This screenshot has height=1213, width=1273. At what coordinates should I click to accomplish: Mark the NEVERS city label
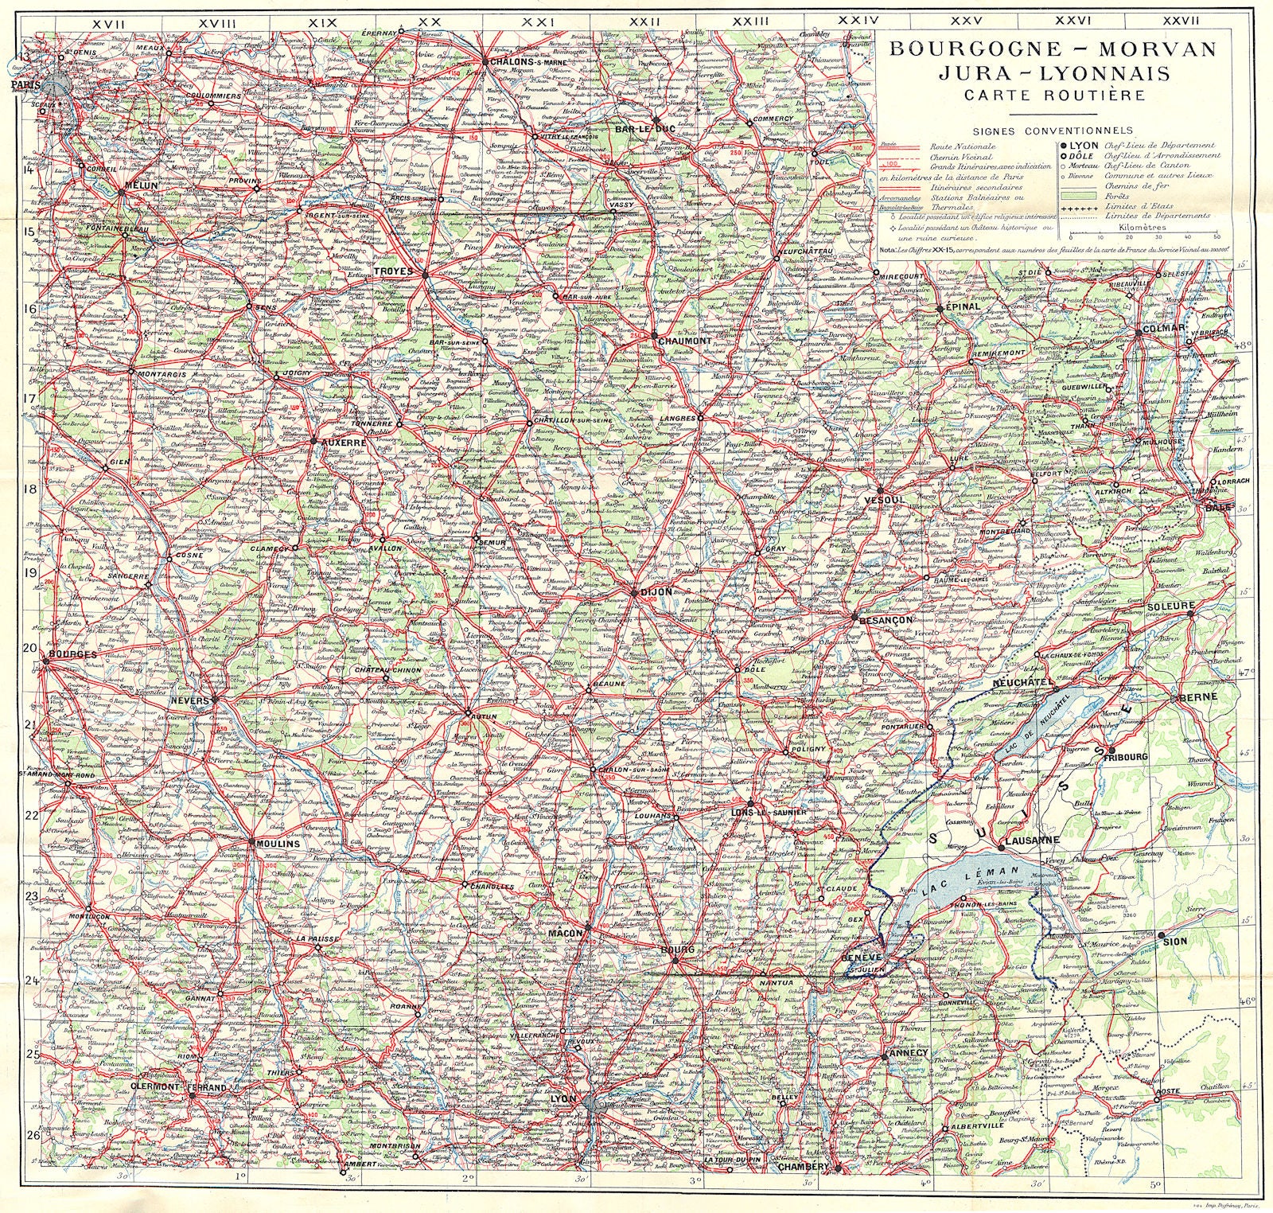(189, 700)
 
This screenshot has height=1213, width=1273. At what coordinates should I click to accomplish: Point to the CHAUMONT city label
(684, 341)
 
